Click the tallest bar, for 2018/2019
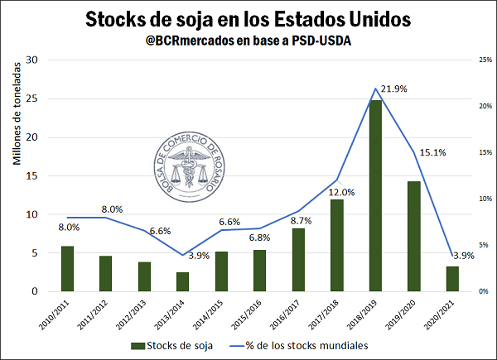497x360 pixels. (x=376, y=196)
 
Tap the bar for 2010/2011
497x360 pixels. (x=68, y=269)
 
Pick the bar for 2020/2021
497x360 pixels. (x=451, y=279)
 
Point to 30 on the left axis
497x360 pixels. (x=32, y=60)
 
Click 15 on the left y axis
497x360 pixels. (x=32, y=175)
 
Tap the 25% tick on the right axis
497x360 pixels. (x=479, y=60)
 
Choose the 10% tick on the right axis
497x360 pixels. (x=479, y=199)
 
